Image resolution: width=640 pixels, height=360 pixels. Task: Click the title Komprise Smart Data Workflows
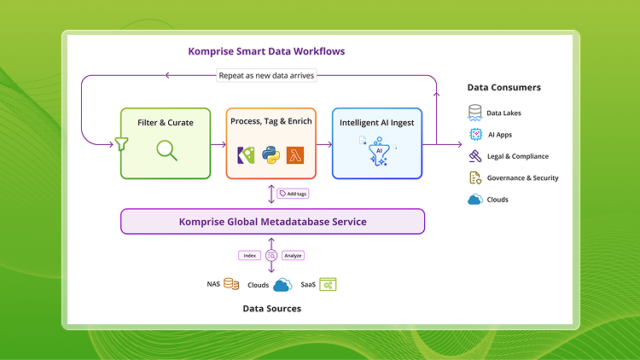[x=266, y=51]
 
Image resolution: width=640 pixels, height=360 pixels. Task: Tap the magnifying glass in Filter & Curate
[x=166, y=150]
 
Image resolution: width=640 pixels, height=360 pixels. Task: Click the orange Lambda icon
[x=297, y=155]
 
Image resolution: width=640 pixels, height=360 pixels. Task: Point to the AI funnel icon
[x=376, y=151]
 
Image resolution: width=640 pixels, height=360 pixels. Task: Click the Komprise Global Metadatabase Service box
[x=272, y=222]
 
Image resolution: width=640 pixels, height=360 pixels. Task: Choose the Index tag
[x=249, y=255]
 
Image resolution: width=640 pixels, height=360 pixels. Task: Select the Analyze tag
[x=293, y=255]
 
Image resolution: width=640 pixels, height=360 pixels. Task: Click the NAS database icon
[x=231, y=284]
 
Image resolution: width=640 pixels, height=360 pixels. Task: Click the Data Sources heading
[x=272, y=308]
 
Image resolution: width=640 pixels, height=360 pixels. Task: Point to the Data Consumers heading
[x=503, y=87]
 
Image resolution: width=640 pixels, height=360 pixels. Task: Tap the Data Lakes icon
[x=475, y=113]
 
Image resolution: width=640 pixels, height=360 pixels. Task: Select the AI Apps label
[x=499, y=135]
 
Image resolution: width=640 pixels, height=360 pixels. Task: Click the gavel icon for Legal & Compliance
[x=475, y=156]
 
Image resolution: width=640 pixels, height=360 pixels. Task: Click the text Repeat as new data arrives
[x=266, y=75]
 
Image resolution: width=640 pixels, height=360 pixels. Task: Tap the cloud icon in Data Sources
[x=282, y=284]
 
